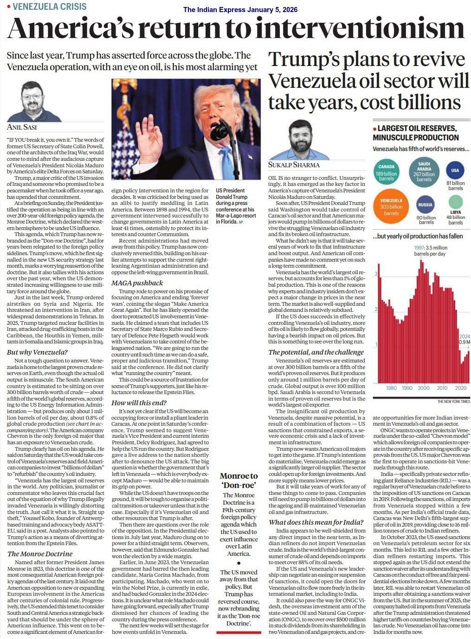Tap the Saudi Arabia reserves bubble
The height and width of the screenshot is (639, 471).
(424, 172)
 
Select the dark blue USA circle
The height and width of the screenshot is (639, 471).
(455, 171)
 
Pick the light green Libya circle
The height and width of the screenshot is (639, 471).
(456, 202)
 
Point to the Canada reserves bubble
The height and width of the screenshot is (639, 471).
(386, 172)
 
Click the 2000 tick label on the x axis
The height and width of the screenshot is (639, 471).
(423, 388)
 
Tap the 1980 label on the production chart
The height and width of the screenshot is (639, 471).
(391, 388)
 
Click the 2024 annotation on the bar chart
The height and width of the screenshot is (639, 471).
(464, 336)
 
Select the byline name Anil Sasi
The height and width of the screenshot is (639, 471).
(22, 127)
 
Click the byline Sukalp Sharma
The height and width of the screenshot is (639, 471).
(294, 165)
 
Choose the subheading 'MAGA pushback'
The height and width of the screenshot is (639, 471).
(137, 283)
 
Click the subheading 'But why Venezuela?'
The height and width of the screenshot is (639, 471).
(37, 352)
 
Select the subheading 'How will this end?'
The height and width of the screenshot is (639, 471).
(139, 402)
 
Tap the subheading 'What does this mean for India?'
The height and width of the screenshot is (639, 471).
(316, 522)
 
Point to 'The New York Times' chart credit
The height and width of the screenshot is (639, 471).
(453, 402)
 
